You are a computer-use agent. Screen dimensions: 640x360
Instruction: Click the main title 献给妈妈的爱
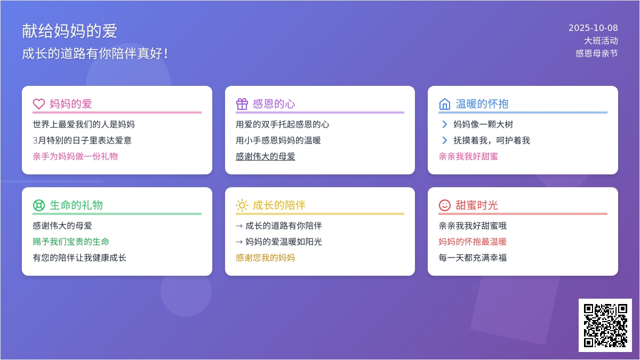click(x=69, y=31)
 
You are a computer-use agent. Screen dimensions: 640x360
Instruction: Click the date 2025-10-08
click(x=593, y=28)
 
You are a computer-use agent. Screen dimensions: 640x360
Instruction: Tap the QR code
click(x=605, y=325)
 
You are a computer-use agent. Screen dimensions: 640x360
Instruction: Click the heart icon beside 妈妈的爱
click(x=39, y=103)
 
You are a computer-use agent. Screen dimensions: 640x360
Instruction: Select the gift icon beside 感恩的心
click(x=242, y=103)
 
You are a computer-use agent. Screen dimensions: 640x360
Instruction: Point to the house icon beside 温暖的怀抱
click(x=445, y=103)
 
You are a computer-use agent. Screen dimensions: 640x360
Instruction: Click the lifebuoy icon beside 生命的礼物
click(x=39, y=205)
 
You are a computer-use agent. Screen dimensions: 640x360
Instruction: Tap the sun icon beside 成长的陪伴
click(x=242, y=205)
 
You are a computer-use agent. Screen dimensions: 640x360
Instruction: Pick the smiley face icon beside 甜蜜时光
click(x=445, y=205)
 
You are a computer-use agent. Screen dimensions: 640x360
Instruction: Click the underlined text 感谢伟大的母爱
click(x=266, y=156)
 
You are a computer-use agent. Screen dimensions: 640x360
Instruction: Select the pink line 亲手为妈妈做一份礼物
click(x=75, y=156)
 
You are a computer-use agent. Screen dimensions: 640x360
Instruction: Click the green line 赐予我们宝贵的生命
click(x=71, y=242)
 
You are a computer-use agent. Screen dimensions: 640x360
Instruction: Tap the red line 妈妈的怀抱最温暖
click(x=473, y=242)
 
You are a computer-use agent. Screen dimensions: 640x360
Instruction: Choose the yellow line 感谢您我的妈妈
click(x=266, y=258)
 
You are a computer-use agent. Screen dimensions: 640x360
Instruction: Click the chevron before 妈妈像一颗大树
click(x=445, y=124)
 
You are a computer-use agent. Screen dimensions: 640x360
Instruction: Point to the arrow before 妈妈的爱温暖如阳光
click(x=239, y=242)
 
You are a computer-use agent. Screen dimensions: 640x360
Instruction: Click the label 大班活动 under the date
click(x=601, y=41)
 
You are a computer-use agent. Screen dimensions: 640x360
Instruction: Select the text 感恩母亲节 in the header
click(x=597, y=53)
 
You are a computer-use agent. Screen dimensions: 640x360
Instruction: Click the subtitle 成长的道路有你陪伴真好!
click(x=95, y=53)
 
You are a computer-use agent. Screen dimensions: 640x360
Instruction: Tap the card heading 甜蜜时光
click(x=477, y=205)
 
